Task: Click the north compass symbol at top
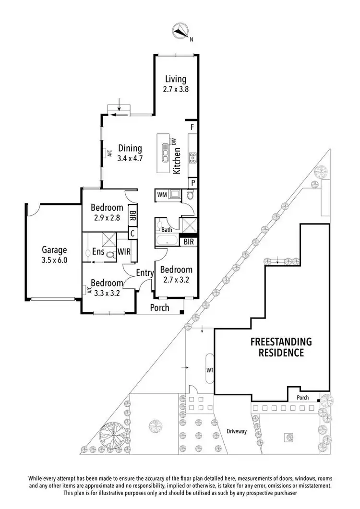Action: click(181, 31)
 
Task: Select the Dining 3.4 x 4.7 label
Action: click(130, 153)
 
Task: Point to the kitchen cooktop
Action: click(193, 157)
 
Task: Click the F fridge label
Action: click(192, 128)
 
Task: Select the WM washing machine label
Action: click(162, 194)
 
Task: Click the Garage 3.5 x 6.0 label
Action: click(54, 254)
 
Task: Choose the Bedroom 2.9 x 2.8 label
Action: click(107, 212)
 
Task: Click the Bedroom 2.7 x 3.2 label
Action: click(176, 274)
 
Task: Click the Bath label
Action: click(167, 230)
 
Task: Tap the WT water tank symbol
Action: click(209, 369)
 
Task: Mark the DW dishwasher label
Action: click(175, 141)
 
